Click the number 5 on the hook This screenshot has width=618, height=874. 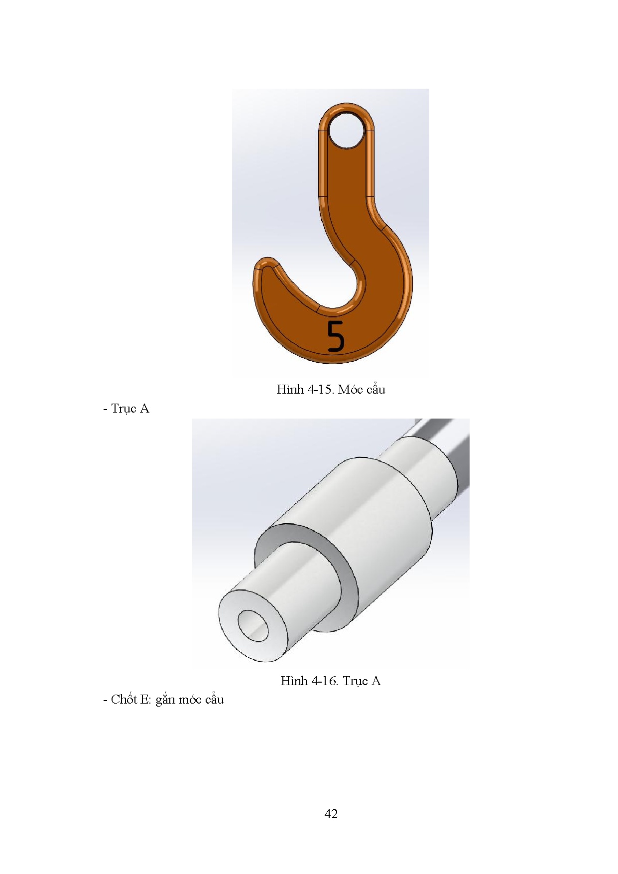coord(336,336)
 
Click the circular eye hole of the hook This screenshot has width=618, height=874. coord(347,131)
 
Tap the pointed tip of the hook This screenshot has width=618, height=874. coord(265,264)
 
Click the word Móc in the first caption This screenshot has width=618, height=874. coord(351,389)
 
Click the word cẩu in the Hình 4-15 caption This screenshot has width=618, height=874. coord(376,389)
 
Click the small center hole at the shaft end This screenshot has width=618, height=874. coord(252,625)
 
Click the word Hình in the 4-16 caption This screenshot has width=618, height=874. coord(291,681)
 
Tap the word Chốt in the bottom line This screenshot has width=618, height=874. coord(124,700)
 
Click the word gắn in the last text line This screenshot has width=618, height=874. coord(165,700)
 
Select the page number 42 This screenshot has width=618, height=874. coord(331,814)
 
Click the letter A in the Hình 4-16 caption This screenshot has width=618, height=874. coord(375,681)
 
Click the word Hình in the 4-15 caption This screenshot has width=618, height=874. coord(287,389)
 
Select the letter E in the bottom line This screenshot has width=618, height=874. coord(145,700)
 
